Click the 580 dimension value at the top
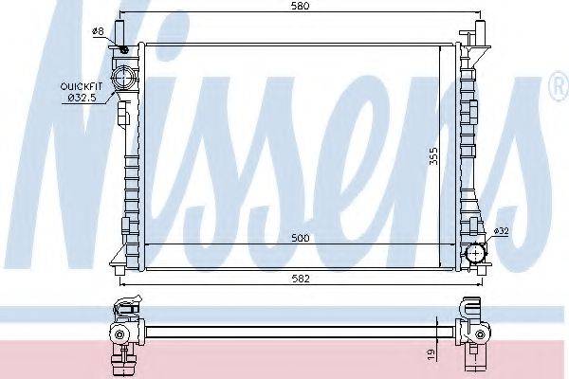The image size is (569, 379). coord(301,6)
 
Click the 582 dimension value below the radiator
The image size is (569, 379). coord(301,279)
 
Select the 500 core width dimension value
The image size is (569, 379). coord(301,238)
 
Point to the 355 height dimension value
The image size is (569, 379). coord(433,156)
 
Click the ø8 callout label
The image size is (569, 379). coord(98,31)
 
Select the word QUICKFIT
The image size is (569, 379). coord(82,86)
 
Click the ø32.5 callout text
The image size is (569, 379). coord(83,98)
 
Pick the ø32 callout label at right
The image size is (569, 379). coord(502,231)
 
